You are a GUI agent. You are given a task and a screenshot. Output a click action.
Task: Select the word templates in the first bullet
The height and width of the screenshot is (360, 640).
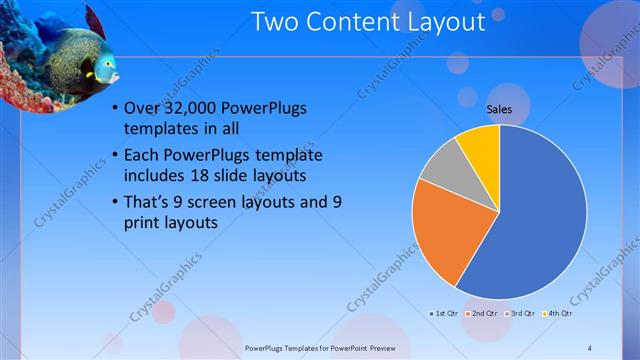click(161, 130)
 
